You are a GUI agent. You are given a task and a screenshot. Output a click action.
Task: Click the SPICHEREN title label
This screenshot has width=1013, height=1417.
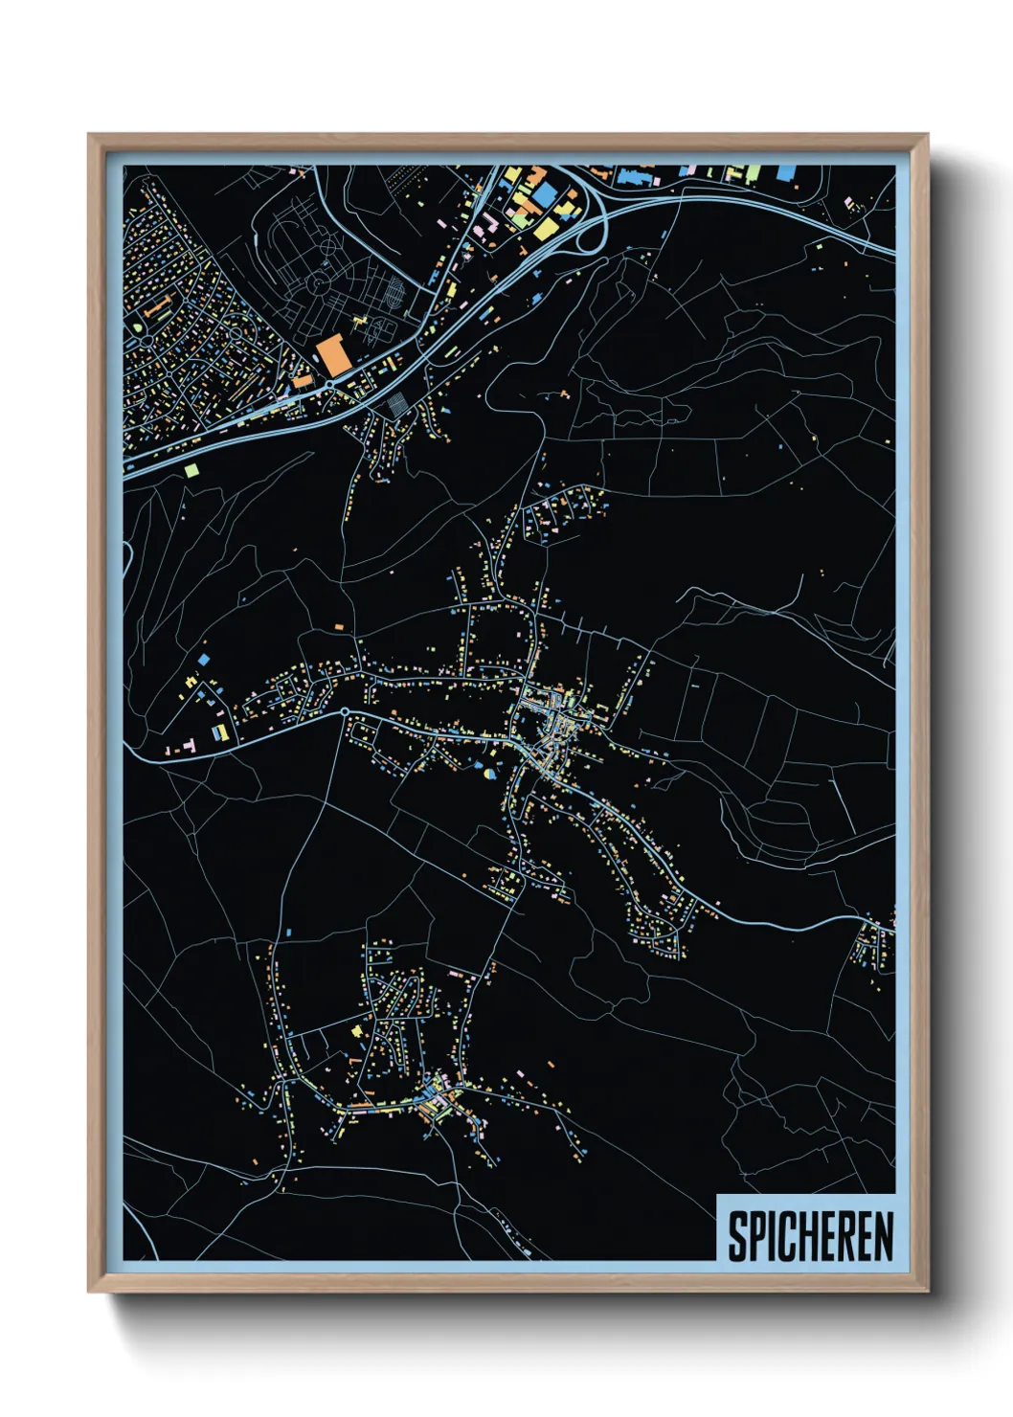[x=809, y=1236]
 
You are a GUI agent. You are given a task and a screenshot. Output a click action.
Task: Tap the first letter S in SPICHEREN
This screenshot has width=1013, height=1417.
[x=737, y=1236]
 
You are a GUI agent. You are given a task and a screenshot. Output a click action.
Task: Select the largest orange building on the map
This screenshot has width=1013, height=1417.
[x=333, y=355]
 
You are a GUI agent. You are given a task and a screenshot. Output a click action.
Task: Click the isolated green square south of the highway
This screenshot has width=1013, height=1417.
[x=191, y=470]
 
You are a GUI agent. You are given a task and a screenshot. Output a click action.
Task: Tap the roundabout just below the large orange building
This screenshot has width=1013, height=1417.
[x=329, y=386]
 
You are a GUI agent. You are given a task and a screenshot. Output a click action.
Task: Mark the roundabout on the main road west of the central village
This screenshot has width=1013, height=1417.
[x=344, y=712]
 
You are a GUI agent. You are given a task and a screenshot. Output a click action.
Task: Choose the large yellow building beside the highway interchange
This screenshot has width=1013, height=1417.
[x=543, y=229]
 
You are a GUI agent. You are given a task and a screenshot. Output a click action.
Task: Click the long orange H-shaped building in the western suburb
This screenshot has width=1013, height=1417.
[x=158, y=308]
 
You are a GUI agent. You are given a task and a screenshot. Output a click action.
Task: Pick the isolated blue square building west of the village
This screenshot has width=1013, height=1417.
[x=203, y=660]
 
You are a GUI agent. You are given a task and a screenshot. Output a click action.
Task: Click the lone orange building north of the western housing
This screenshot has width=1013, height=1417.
[x=338, y=627]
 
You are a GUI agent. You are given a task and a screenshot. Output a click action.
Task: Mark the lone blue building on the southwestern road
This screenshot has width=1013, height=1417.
[x=288, y=931]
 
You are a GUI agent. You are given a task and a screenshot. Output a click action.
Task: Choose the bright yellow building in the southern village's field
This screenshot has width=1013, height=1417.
[x=358, y=1031]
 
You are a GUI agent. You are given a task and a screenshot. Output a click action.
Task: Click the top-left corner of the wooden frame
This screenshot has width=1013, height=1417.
[x=89, y=135]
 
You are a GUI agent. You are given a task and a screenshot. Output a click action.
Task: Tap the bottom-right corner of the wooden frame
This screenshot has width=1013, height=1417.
[x=928, y=1292]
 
